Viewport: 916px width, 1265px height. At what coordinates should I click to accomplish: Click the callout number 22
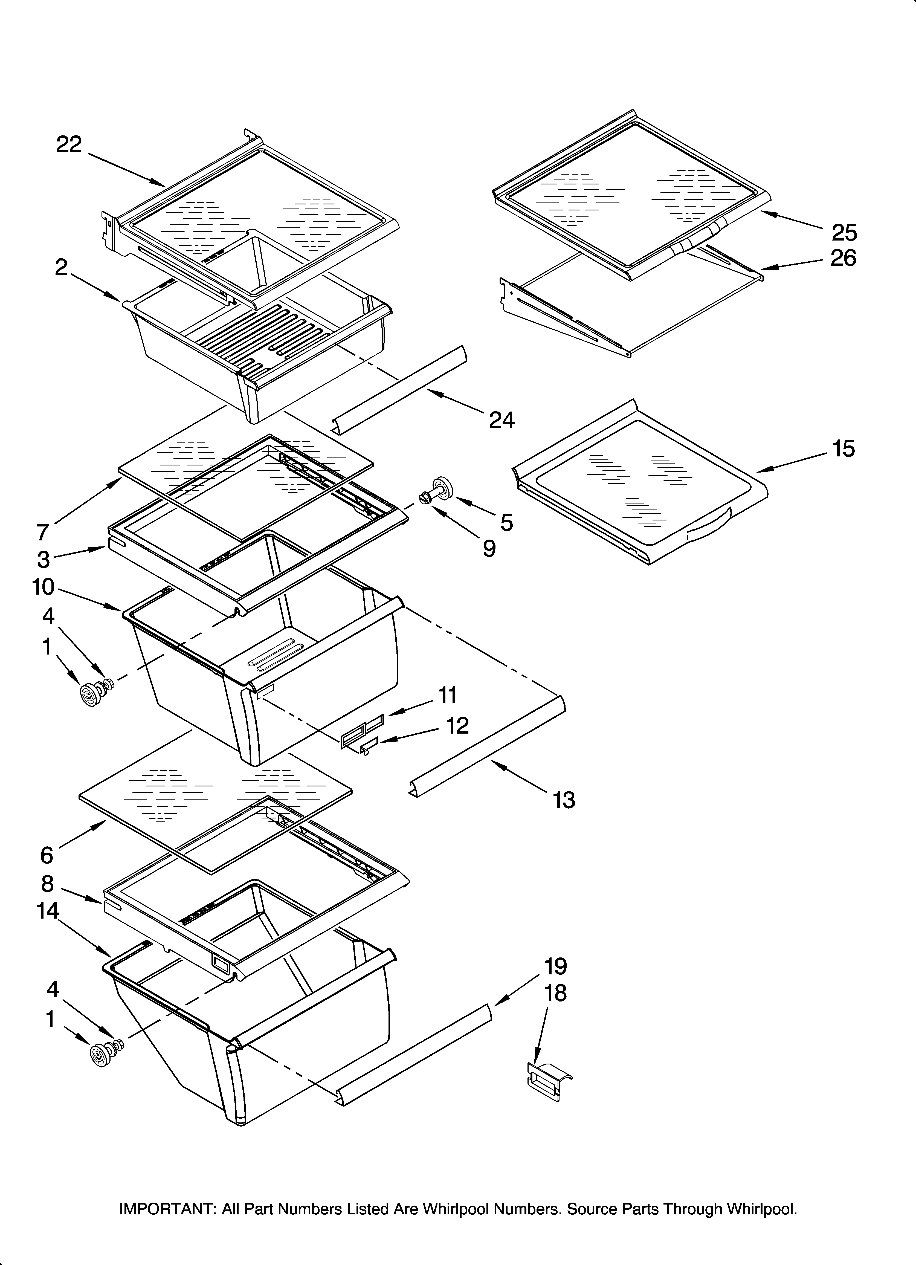69,145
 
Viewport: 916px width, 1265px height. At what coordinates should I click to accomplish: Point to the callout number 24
502,420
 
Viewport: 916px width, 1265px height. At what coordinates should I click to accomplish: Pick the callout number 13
563,800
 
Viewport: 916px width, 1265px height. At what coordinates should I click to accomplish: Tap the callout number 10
44,587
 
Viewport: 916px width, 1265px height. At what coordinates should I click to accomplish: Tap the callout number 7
43,533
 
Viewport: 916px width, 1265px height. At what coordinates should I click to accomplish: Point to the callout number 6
47,855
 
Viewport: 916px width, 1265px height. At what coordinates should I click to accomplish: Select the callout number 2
61,268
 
